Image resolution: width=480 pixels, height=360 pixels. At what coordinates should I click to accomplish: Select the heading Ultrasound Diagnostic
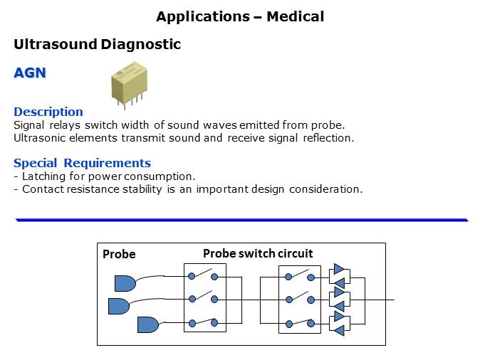point(97,45)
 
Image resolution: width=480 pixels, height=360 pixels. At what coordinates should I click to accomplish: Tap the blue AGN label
point(29,73)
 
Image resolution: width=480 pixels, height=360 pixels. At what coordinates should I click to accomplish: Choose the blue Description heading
point(48,112)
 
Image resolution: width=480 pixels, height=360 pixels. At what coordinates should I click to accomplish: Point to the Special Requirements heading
point(82,163)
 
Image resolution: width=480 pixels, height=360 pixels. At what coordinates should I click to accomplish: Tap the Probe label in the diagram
point(119,254)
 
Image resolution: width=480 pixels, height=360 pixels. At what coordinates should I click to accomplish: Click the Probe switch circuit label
point(258,253)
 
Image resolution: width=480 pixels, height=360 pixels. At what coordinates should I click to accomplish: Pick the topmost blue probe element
point(125,283)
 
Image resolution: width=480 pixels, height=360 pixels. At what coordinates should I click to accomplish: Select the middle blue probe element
point(118,306)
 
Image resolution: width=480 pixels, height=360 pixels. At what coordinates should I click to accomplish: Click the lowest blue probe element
point(147,324)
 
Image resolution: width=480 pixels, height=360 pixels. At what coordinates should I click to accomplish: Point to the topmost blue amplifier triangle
point(339,269)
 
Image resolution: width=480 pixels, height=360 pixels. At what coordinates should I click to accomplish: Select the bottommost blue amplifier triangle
point(339,329)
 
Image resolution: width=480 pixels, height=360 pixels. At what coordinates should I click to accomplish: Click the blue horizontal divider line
point(241,221)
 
